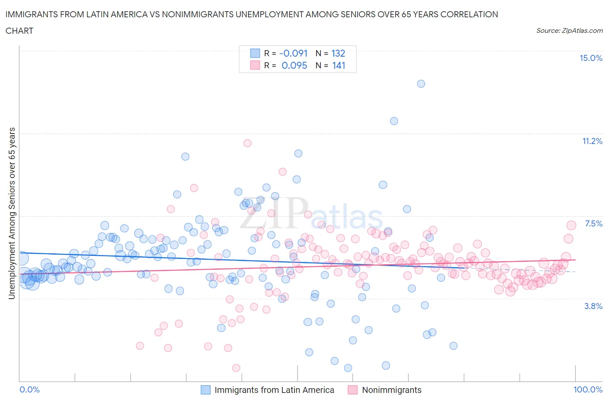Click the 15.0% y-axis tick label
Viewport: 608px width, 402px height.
[x=591, y=58]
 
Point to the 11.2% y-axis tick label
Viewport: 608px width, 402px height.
[x=592, y=141]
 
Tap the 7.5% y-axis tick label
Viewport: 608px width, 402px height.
[x=593, y=223]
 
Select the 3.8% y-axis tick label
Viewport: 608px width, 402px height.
[x=593, y=306]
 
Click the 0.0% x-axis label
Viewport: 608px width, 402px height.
[x=29, y=389]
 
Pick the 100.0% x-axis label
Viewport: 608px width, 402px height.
[x=588, y=389]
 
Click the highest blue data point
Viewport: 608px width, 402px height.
[x=421, y=83]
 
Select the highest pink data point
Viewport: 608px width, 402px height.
[x=247, y=143]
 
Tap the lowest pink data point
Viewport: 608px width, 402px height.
[x=236, y=368]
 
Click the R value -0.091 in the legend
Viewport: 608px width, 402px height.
[x=293, y=53]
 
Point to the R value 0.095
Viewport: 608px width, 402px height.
[x=294, y=65]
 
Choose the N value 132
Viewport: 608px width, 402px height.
[x=338, y=53]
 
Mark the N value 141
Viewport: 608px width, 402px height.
[x=339, y=65]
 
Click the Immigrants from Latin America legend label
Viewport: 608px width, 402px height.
[x=274, y=390]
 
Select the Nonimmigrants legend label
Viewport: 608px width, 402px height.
[x=391, y=390]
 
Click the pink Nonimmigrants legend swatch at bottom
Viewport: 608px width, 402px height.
[x=352, y=390]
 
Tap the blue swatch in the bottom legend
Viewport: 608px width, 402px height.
[x=205, y=390]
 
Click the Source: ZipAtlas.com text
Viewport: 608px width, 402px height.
[x=569, y=30]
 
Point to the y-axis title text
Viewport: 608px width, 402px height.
[x=12, y=213]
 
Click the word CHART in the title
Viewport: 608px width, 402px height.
[x=19, y=31]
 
